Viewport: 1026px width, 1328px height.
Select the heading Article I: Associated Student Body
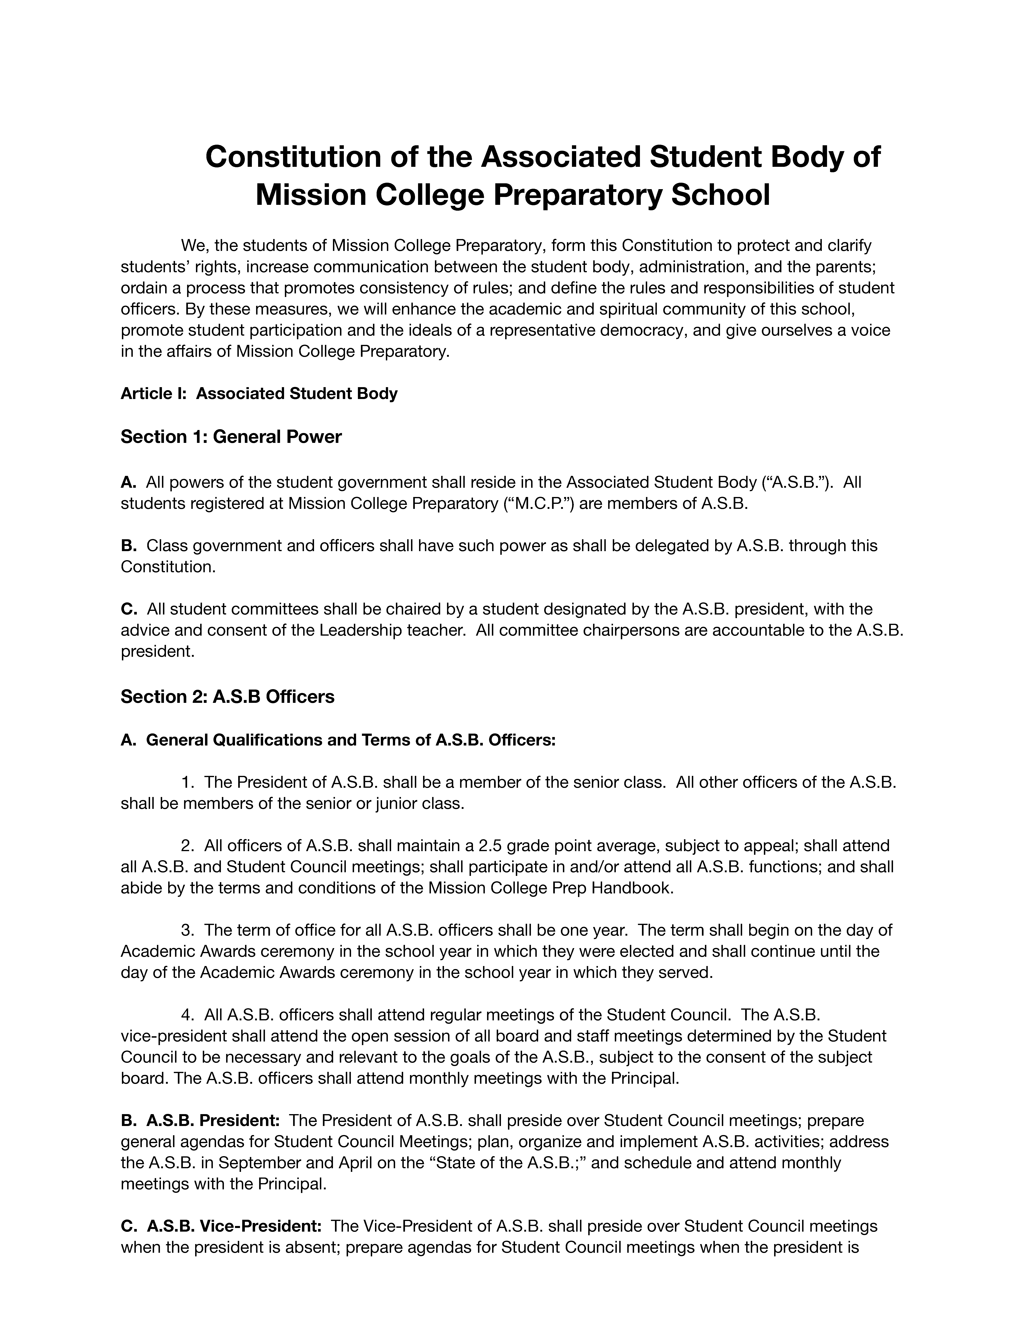(259, 393)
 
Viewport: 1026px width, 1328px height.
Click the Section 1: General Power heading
(231, 437)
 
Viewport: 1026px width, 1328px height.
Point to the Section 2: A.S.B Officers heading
(227, 696)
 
